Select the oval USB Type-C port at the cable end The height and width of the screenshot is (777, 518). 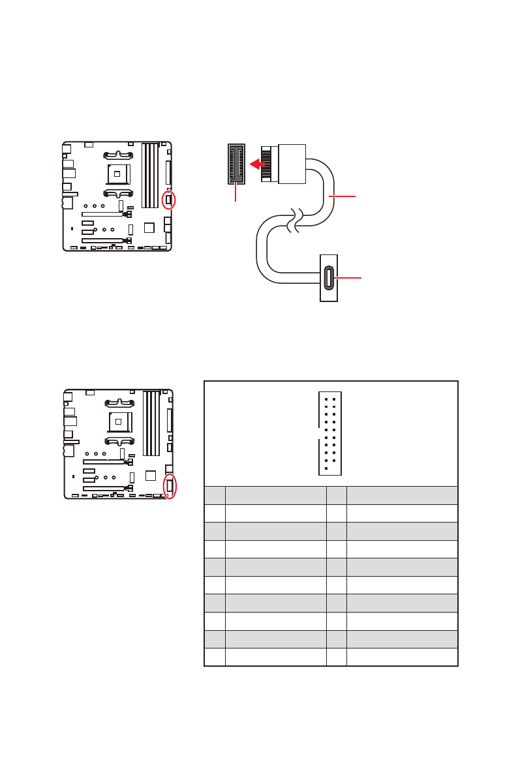[x=329, y=278]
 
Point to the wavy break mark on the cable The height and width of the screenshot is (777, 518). [x=296, y=221]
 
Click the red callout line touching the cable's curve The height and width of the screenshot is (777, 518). [x=343, y=196]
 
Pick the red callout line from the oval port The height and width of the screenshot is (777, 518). [x=348, y=279]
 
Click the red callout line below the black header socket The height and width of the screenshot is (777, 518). [x=236, y=192]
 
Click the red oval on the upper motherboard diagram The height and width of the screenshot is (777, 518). [x=169, y=200]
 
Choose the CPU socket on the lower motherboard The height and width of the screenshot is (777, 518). [x=118, y=421]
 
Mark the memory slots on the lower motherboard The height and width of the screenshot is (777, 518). [x=151, y=423]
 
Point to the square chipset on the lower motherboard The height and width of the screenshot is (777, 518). [x=150, y=475]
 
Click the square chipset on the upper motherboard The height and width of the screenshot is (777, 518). [x=149, y=227]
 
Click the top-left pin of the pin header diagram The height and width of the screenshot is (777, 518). [x=326, y=399]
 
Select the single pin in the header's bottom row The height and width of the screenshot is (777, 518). [x=326, y=468]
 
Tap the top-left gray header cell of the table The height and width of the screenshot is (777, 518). [x=215, y=495]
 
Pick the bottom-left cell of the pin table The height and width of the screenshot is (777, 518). [x=215, y=656]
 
